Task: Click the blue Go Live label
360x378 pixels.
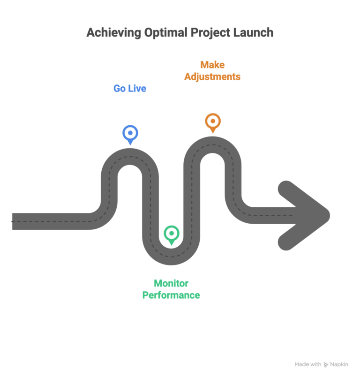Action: (x=130, y=88)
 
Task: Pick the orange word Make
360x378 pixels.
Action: (x=212, y=65)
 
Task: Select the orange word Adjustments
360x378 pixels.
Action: (x=212, y=76)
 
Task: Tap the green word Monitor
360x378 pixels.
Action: (x=171, y=283)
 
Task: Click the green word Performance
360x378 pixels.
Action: (x=171, y=295)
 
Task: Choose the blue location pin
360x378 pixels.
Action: (x=130, y=134)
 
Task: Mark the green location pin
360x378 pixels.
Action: (x=171, y=234)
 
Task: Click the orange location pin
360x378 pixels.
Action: (x=212, y=121)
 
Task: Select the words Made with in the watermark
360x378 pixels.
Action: (x=308, y=364)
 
